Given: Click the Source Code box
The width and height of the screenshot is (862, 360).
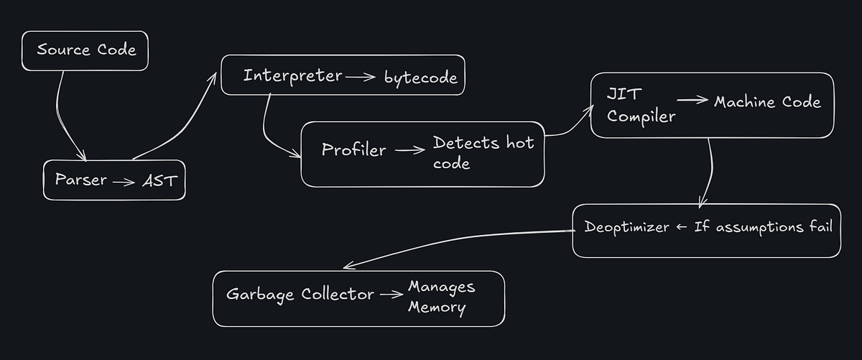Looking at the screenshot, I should (85, 50).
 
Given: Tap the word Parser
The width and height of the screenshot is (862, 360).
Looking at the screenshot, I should (81, 180).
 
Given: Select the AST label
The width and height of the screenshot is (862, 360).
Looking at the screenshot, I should (159, 181).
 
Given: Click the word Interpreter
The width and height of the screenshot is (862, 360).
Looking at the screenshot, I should (292, 75).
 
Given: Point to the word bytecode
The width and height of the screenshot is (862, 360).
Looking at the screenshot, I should (420, 78).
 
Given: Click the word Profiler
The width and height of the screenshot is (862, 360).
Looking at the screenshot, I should (353, 150).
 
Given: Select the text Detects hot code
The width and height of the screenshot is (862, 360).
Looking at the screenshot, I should (483, 152).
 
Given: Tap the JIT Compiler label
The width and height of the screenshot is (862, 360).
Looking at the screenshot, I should (641, 106).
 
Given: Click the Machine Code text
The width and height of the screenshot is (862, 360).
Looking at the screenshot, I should (766, 102).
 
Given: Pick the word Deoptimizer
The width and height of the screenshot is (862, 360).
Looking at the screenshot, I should (626, 228).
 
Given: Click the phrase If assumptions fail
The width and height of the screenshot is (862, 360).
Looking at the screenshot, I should (763, 228).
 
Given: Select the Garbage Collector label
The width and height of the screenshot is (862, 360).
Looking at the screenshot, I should (300, 295).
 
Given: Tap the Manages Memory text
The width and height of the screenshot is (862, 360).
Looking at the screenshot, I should (441, 297).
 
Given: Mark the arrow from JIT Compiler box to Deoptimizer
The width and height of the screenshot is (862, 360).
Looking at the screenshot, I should (710, 172).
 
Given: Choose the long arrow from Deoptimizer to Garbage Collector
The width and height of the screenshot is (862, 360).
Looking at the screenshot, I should (460, 241).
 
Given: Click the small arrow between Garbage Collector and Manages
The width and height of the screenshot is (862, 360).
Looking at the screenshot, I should (391, 295).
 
